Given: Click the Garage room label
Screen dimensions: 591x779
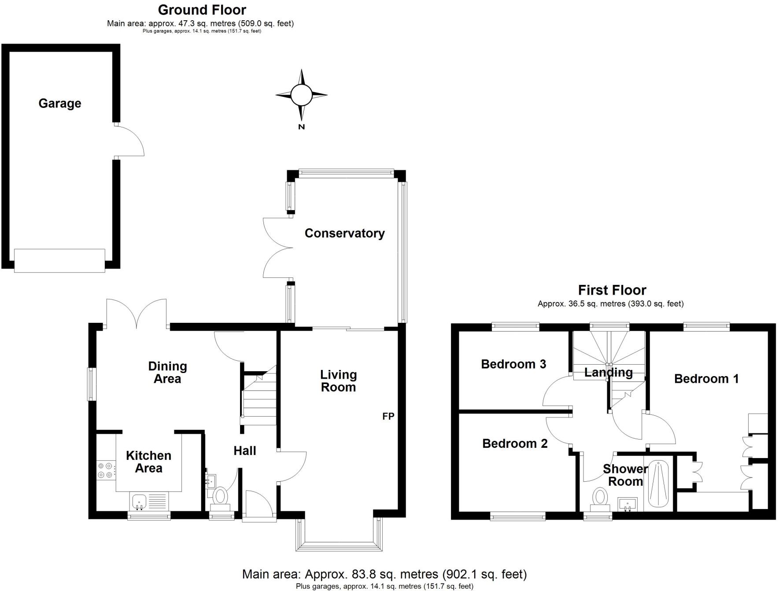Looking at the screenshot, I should (60, 103).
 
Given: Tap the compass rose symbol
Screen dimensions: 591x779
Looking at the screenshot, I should (302, 94).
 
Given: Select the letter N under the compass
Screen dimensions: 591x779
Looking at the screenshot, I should (302, 127).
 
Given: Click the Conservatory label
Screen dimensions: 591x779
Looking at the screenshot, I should (344, 233).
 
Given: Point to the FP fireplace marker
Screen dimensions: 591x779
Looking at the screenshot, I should (388, 416).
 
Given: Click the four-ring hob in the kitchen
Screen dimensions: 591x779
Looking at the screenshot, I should (105, 470).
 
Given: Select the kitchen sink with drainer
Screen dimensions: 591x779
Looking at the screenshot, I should (149, 501).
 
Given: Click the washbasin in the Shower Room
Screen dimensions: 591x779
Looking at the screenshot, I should (627, 504).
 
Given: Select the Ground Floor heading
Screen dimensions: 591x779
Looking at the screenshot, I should (202, 10).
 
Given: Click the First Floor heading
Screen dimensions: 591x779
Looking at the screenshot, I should (612, 290).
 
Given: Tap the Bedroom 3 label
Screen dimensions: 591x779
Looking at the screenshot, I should (513, 364).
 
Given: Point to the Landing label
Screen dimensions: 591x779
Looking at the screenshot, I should (608, 373).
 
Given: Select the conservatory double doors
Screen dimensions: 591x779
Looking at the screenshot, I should (277, 247).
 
